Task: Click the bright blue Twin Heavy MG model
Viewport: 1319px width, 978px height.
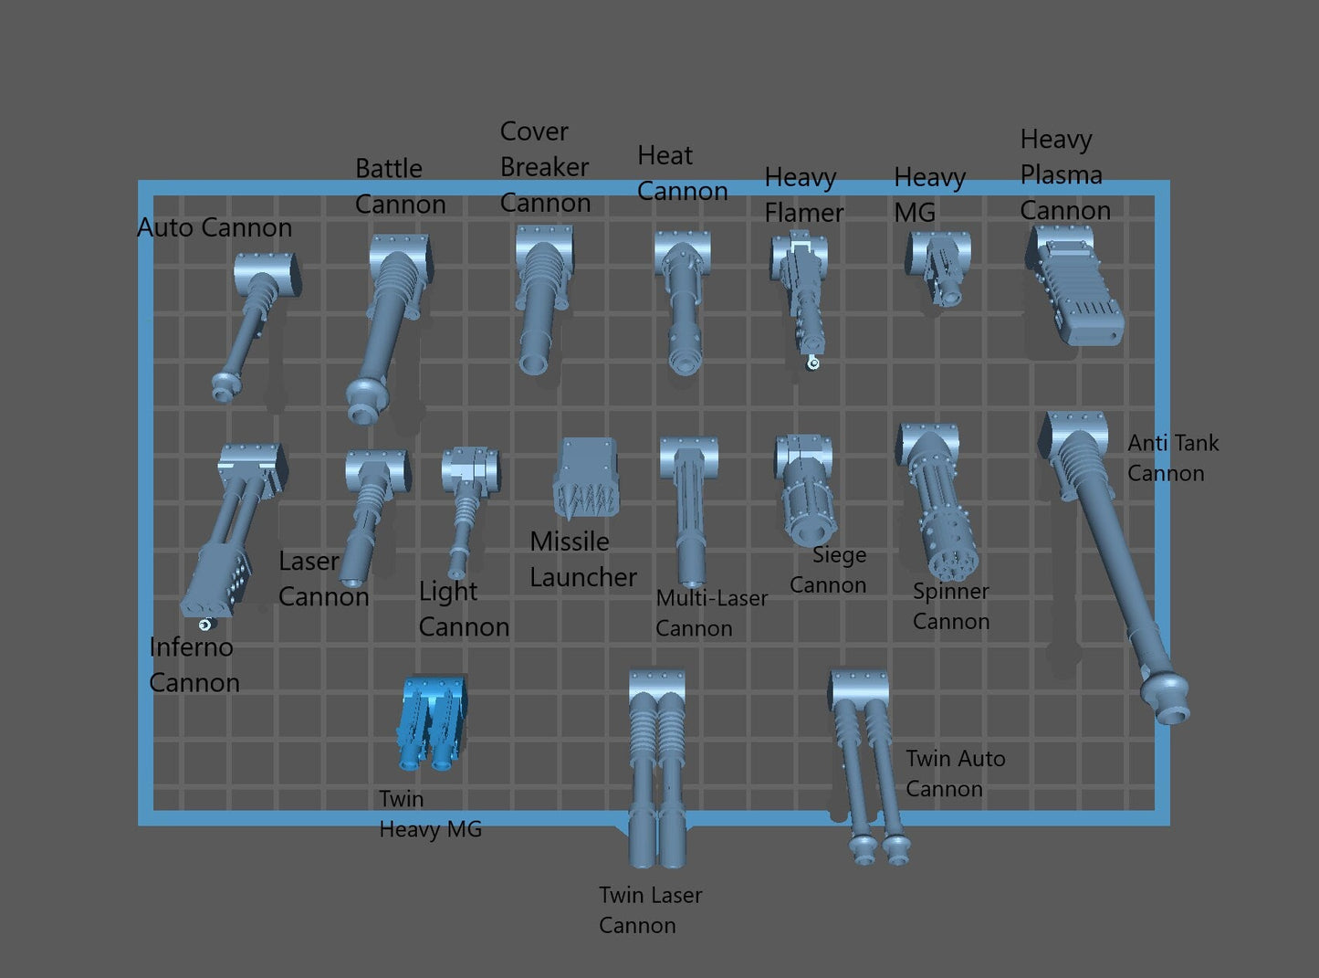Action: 432,722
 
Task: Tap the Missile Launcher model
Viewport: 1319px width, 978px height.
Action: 586,477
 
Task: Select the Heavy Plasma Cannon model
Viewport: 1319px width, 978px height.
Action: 1074,284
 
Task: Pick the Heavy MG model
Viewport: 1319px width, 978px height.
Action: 938,268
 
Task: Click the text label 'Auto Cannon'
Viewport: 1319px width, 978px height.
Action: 215,228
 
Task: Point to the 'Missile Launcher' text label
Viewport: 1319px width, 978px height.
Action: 582,559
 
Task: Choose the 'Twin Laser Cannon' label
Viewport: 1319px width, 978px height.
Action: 650,910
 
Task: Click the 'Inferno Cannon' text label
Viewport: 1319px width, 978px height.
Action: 194,665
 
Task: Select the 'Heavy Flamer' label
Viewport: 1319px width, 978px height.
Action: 803,195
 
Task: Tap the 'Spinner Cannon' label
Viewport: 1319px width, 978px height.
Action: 951,606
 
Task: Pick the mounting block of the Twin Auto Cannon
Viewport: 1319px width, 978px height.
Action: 858,688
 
